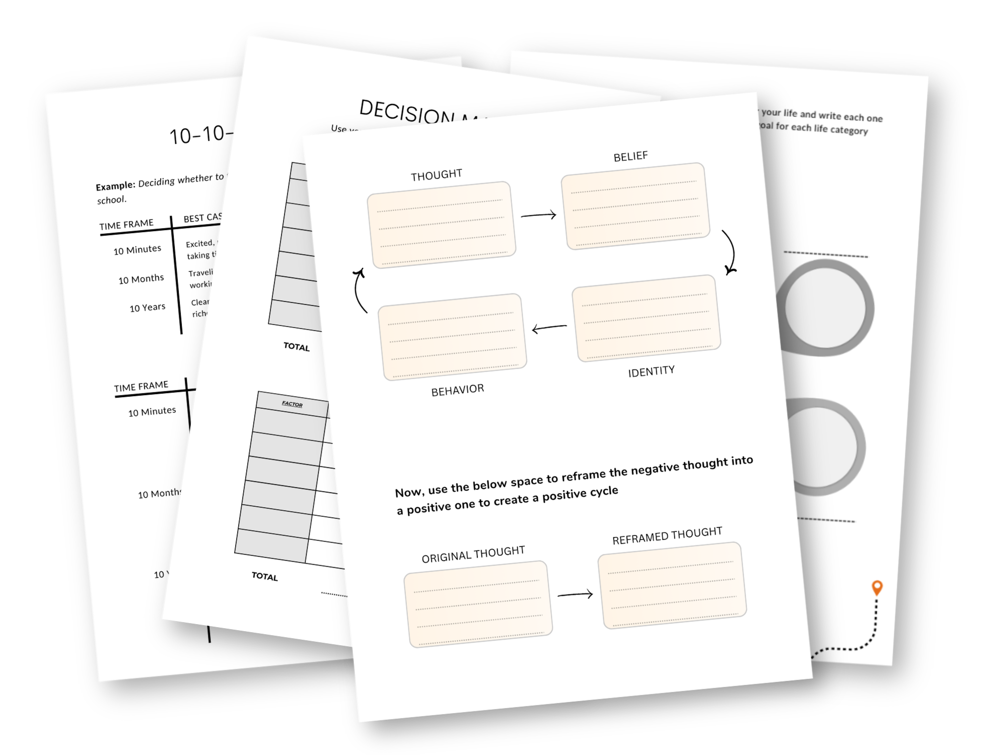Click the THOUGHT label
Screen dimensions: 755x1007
pos(436,175)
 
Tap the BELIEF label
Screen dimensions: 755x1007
pos(630,157)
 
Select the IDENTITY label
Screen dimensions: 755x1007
pos(651,371)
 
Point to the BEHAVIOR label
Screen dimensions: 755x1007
pos(457,390)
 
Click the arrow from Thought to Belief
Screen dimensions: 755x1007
pos(538,215)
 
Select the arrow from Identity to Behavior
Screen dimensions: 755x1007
pos(549,329)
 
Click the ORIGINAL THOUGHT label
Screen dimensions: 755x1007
pos(473,554)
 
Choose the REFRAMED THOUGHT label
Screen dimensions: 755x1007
pos(667,536)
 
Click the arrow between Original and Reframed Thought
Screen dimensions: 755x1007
pos(575,595)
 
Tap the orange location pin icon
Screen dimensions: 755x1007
pos(877,588)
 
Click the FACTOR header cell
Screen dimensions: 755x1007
pos(292,404)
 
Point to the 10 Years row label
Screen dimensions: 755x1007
pos(148,308)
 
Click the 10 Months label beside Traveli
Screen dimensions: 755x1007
pos(141,279)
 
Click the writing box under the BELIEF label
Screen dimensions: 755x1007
pos(635,206)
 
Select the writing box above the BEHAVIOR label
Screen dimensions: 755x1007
pos(452,337)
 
